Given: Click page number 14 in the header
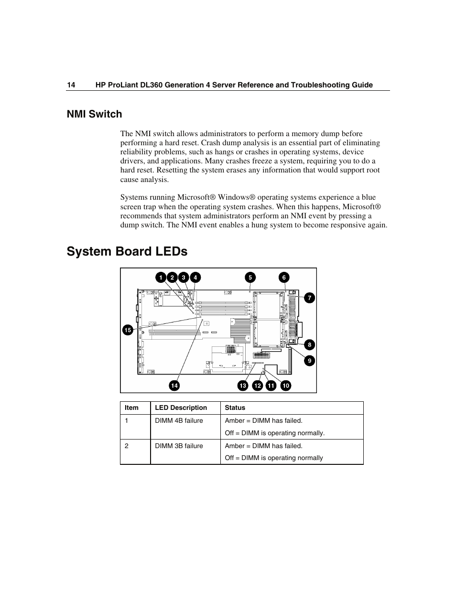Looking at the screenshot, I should tap(71, 85).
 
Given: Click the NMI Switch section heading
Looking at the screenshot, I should tap(94, 114).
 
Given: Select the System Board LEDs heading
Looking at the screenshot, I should tap(127, 251).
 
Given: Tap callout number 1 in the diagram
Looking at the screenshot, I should tap(161, 278).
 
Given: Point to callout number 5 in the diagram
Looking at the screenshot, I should tap(250, 278).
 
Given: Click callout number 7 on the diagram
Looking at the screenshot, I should tap(309, 298).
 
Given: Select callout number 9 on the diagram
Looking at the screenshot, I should tap(309, 361).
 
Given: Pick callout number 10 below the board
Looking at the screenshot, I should tap(285, 386).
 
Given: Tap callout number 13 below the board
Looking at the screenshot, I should tap(243, 386).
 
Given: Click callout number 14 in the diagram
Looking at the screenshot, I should tap(174, 386).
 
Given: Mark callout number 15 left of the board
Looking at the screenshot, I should tap(128, 330).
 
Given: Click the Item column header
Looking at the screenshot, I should tap(131, 408).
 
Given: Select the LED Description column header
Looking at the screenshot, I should tap(181, 408).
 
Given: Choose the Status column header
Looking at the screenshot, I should tap(235, 408).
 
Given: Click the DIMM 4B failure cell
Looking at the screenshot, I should tap(179, 421).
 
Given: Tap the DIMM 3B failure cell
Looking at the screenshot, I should tap(179, 446).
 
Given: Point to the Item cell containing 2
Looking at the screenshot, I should tap(127, 446).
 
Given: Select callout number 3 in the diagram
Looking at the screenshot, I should tap(184, 278).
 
